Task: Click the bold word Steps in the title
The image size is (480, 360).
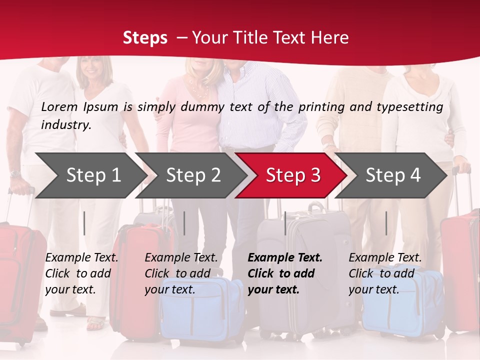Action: pos(145,38)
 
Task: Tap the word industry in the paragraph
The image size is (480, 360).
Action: pos(65,124)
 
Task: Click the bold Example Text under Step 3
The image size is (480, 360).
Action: pos(285,258)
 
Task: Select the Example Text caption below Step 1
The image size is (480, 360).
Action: pos(81,258)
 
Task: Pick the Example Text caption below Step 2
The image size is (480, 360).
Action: pos(181,258)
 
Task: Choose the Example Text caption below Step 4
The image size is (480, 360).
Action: pos(385,258)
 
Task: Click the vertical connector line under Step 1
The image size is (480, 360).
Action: pos(84,223)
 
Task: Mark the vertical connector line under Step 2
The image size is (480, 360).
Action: pos(184,223)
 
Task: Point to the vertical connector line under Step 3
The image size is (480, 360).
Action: pos(285,223)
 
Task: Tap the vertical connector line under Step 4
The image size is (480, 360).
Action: pos(386,223)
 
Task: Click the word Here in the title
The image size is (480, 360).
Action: pos(332,38)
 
